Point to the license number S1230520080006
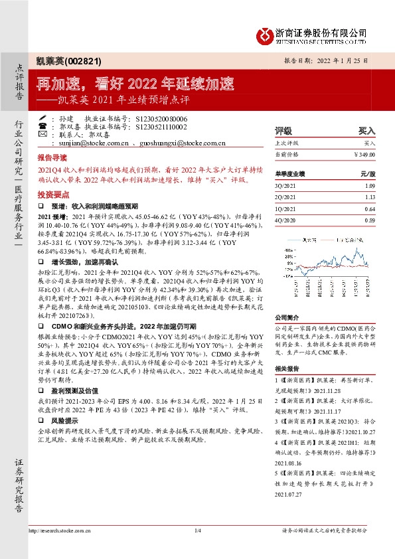point(162,117)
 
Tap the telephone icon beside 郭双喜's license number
point(44,125)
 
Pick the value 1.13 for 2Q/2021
point(370,197)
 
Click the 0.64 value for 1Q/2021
point(370,208)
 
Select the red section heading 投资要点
point(52,195)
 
